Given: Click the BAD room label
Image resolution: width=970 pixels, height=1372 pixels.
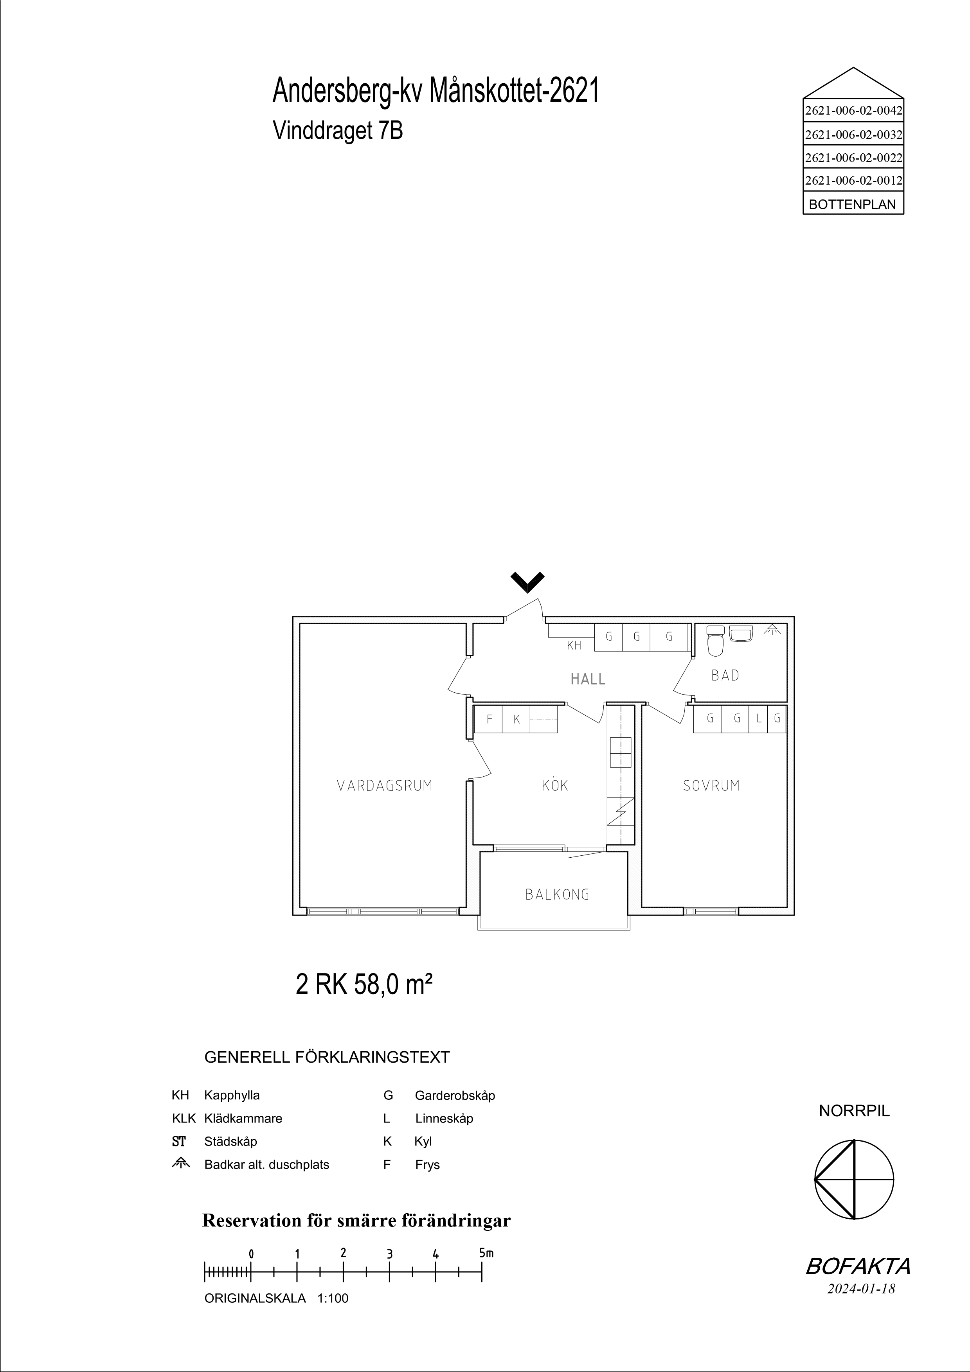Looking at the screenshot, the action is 725,675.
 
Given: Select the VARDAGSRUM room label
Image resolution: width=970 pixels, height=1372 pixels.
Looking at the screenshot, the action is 384,785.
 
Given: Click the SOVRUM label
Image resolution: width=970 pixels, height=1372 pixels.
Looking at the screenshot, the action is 711,785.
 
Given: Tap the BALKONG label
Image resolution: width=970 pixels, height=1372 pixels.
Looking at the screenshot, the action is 557,894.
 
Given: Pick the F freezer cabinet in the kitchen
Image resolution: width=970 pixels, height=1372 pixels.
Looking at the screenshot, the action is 488,720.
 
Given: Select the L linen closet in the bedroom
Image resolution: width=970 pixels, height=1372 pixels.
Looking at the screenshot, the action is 758,719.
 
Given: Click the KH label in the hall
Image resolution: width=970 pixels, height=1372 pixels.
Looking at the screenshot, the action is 574,645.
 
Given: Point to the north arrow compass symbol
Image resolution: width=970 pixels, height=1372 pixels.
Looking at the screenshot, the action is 854,1180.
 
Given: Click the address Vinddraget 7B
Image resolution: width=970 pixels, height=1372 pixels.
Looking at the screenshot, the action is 338,130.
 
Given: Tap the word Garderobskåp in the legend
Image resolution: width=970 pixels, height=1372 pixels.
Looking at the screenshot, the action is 455,1096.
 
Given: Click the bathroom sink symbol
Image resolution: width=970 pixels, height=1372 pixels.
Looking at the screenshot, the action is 742,634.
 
